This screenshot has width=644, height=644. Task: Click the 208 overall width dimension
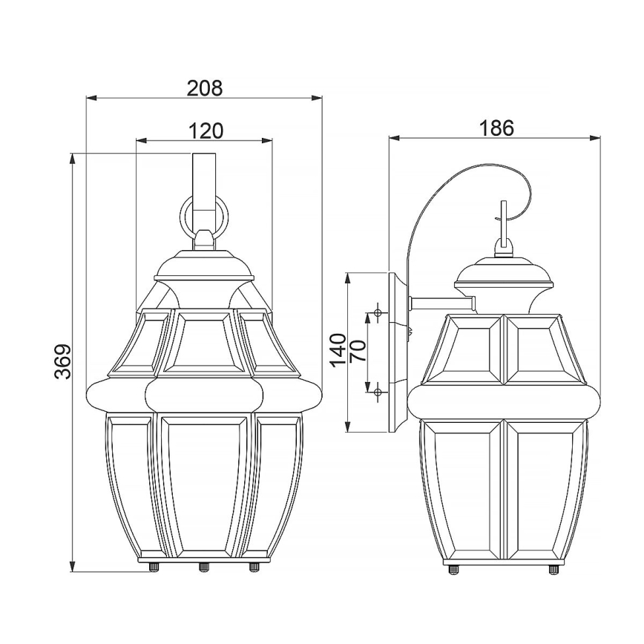204,88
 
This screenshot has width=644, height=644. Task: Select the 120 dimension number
204,131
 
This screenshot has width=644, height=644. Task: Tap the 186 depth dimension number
496,128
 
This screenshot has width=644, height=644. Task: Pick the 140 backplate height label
338,351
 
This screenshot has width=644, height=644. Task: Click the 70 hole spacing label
358,351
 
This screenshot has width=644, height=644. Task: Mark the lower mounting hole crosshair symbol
378,390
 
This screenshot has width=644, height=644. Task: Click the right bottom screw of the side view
553,568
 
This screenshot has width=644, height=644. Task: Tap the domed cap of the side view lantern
505,273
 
